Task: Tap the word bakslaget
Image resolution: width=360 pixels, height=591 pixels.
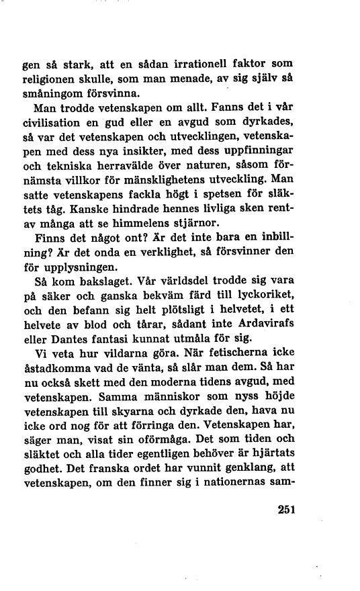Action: click(97, 284)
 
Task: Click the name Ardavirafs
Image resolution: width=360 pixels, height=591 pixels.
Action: click(266, 328)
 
